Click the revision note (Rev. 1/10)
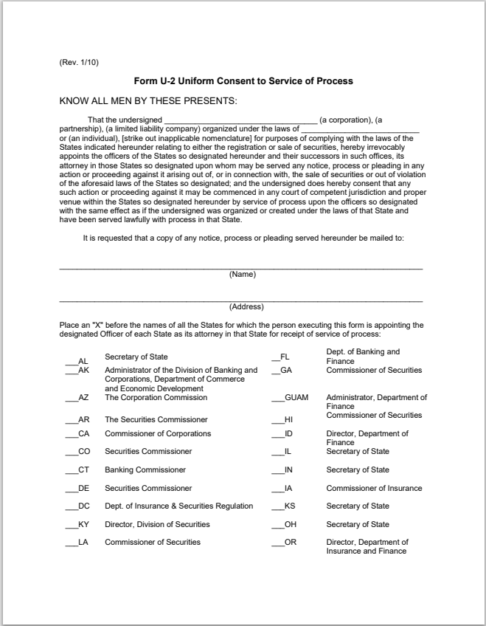coord(78,62)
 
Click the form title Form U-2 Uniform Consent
coord(243,80)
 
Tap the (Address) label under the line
coord(246,306)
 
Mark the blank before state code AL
coord(70,361)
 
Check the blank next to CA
coord(70,433)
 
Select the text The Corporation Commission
coord(156,397)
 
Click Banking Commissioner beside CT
coord(145,469)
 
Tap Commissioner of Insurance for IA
coord(374,488)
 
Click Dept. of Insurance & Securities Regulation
coord(178,506)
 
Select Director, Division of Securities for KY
coord(157,524)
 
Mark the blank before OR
coord(277,543)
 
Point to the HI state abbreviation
coord(288,419)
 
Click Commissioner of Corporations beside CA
coord(158,433)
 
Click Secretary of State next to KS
coord(358,506)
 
